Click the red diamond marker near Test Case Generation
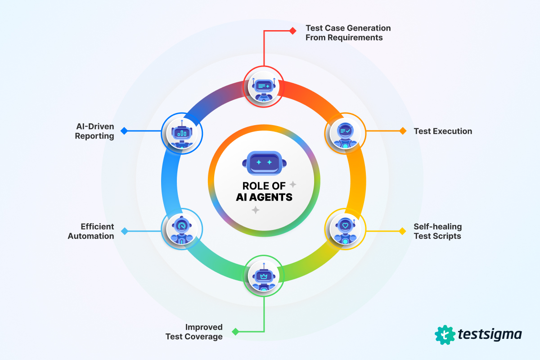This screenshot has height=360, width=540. click(x=293, y=31)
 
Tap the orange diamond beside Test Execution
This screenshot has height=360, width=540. click(x=403, y=131)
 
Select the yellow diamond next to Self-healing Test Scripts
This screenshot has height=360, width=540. click(x=402, y=231)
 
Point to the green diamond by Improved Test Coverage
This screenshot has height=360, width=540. click(x=235, y=332)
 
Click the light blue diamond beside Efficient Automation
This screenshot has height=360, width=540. click(x=125, y=231)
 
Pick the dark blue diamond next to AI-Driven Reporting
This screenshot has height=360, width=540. click(x=124, y=131)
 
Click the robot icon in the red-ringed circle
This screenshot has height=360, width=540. click(x=264, y=89)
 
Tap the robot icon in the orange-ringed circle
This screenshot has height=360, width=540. click(x=345, y=135)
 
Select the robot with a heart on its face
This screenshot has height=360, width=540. click(x=345, y=231)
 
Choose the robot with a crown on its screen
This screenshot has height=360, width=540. click(x=264, y=277)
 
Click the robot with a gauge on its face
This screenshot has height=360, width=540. click(x=182, y=230)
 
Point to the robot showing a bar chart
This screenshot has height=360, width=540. click(x=182, y=134)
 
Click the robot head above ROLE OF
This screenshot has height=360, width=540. click(x=264, y=163)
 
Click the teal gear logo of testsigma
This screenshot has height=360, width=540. click(x=445, y=335)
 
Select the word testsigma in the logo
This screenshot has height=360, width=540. click(x=490, y=335)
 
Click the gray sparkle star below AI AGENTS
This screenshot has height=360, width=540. click(x=256, y=210)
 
